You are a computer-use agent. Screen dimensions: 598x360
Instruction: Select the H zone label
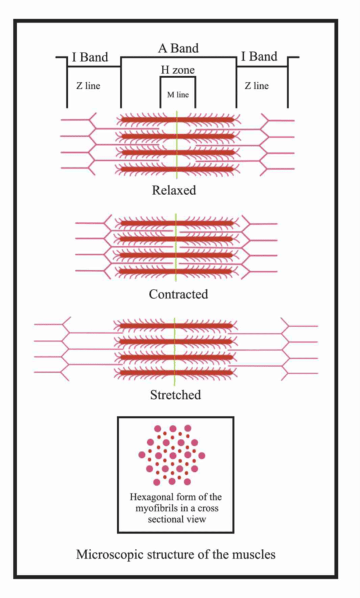[178, 70]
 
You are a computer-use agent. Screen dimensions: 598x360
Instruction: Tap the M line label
[178, 92]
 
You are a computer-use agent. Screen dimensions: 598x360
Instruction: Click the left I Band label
[90, 58]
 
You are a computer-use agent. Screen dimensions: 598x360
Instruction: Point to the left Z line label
[88, 86]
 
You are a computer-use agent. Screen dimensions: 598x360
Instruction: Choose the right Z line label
[257, 86]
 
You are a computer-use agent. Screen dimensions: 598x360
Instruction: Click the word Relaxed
[174, 190]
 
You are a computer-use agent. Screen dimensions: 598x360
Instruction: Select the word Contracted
[178, 294]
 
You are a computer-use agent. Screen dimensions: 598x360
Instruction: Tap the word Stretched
[175, 395]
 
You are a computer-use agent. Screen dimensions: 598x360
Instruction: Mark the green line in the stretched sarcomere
[175, 349]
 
